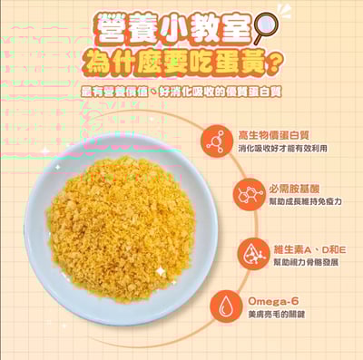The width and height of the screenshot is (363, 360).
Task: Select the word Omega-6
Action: click(272, 300)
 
